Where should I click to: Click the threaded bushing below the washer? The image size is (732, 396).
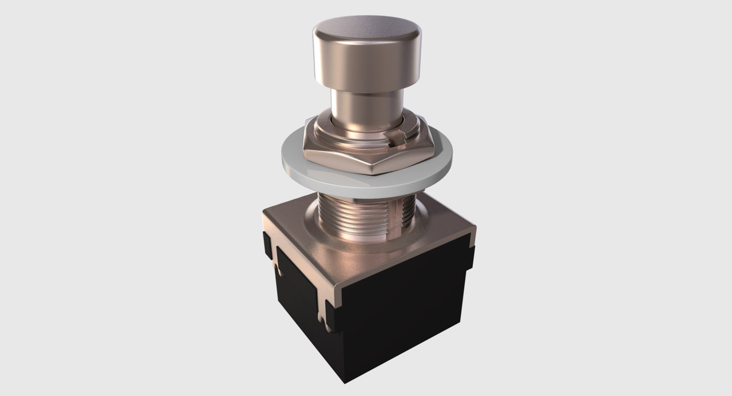coord(355,221)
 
